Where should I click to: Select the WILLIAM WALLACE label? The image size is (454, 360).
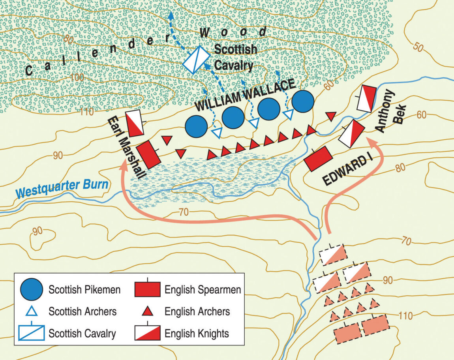pyautogui.click(x=245, y=96)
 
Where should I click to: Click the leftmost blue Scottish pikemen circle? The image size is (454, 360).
pyautogui.click(x=196, y=127)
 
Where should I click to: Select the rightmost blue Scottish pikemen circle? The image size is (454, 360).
pyautogui.click(x=303, y=101)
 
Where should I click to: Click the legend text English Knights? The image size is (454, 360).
pyautogui.click(x=197, y=334)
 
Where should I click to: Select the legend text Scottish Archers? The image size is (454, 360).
pyautogui.click(x=83, y=311)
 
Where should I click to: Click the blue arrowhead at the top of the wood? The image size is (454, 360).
pyautogui.click(x=171, y=15)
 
